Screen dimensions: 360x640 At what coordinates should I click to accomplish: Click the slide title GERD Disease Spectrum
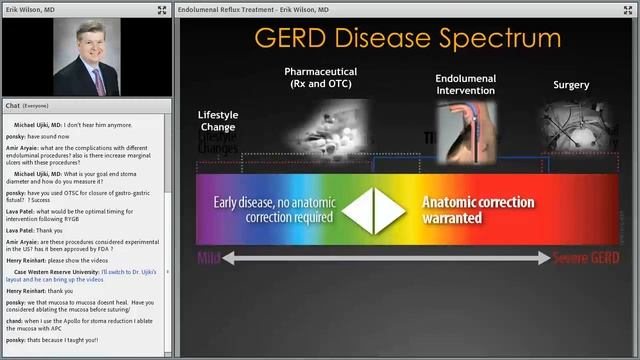407,39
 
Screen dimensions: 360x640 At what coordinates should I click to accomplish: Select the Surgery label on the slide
571,85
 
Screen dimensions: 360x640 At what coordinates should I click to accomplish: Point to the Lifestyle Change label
218,121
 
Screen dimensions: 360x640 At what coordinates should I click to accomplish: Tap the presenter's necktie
98,80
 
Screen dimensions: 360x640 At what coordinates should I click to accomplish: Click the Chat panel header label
13,105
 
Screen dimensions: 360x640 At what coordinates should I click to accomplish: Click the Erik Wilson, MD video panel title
31,9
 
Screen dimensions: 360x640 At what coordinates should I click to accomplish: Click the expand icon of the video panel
162,9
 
